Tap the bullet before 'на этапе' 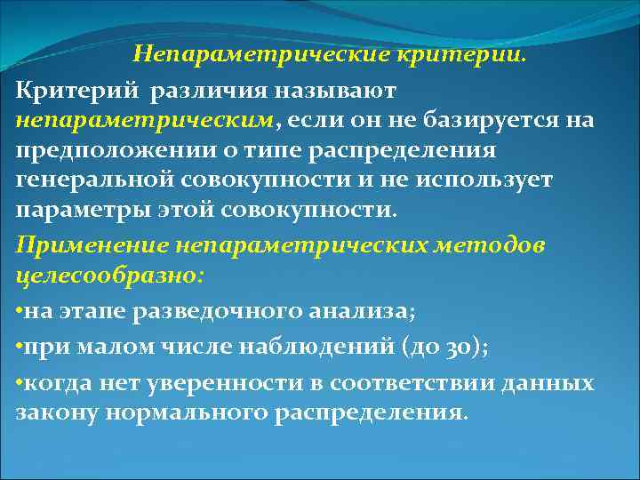pos(20,311)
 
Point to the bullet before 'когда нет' pos(20,384)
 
